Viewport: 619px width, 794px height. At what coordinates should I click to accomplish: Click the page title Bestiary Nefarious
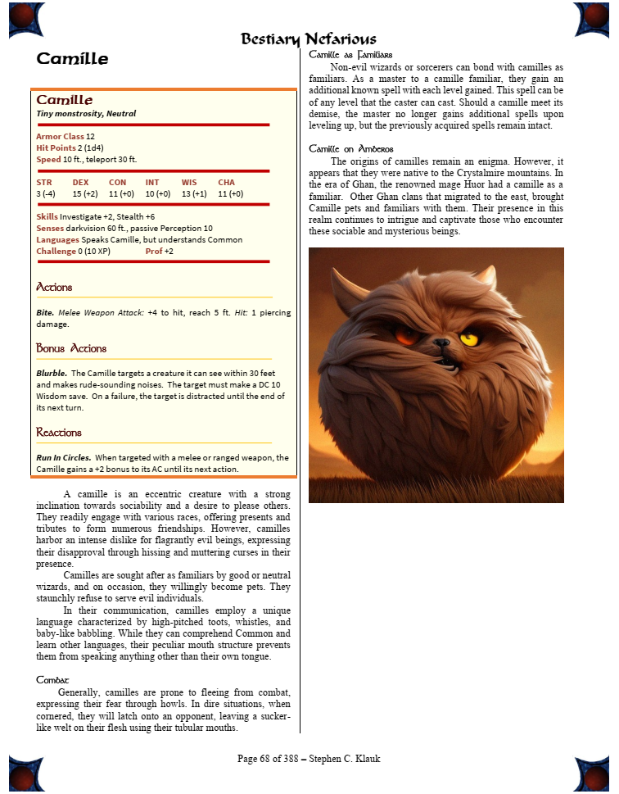309,39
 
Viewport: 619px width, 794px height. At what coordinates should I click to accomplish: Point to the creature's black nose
442,343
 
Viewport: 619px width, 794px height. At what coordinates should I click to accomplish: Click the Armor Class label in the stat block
60,136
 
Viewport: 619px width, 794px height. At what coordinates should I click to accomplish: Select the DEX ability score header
80,182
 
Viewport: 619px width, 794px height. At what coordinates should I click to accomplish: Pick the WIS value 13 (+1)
194,193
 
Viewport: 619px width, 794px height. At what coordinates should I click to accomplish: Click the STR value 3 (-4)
46,193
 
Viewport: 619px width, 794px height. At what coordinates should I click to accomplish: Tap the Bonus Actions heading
71,348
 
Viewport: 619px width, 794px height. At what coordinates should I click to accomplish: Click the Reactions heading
59,432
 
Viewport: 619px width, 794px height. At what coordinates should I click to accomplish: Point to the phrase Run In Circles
63,457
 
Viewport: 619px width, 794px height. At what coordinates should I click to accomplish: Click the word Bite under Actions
45,312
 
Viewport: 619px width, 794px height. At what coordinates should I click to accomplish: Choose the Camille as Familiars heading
350,54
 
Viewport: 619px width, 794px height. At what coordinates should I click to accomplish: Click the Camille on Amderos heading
351,149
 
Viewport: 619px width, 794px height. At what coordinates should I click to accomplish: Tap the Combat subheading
52,680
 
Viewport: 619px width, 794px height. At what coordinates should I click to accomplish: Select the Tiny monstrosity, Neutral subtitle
86,113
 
